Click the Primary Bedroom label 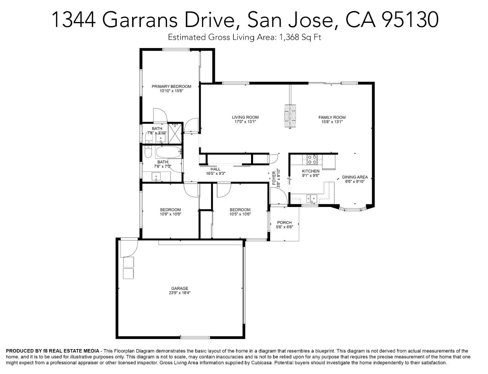[171, 87]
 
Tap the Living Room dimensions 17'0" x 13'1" [245, 122]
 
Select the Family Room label [332, 117]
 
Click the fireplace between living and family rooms [290, 116]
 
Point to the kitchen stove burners [312, 159]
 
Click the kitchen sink [312, 198]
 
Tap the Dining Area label [355, 177]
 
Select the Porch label [284, 223]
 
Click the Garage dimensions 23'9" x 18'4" [180, 293]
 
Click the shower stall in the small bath [175, 133]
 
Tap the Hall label [215, 169]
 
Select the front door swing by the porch [279, 197]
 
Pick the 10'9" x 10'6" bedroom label [170, 210]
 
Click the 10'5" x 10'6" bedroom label [240, 210]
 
